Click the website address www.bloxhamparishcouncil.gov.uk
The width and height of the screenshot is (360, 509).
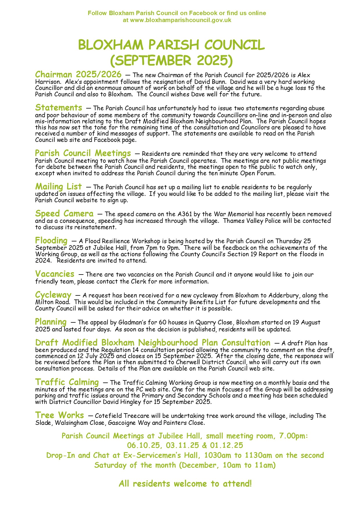181,20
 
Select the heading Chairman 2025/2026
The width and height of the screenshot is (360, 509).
78,74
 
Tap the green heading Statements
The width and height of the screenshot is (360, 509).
59,108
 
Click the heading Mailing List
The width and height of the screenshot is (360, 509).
59,186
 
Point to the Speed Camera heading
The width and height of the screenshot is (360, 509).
64,214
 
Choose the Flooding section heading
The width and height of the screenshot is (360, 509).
51,241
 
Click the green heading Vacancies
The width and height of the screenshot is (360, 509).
55,274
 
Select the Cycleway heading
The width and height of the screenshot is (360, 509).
53,295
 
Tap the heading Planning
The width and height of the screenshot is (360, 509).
51,322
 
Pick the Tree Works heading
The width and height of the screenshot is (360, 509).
60,415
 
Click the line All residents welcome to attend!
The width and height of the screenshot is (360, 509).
185,484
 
